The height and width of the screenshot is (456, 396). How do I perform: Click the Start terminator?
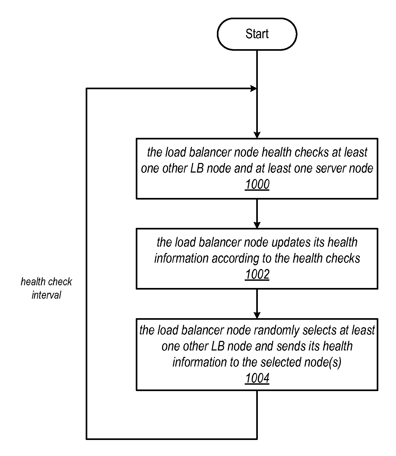point(257,34)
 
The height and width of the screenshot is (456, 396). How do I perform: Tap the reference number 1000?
point(257,184)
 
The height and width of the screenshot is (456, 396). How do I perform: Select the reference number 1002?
point(257,274)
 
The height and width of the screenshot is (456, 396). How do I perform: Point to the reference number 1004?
point(257,378)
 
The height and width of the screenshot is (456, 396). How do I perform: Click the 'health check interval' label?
point(46,288)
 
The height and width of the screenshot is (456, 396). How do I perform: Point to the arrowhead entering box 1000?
point(257,135)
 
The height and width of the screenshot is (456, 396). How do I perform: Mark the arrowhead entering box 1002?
point(257,225)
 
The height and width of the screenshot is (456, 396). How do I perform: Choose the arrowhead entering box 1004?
point(257,315)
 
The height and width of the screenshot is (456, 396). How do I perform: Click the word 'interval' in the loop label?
point(46,295)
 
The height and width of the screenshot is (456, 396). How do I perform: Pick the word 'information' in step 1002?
point(182,259)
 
